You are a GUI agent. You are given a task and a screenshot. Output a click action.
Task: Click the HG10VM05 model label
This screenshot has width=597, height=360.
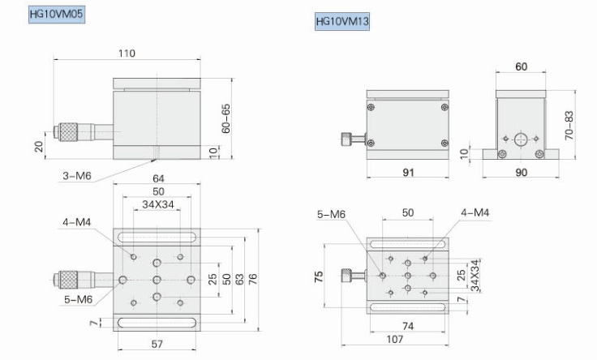pyautogui.click(x=57, y=15)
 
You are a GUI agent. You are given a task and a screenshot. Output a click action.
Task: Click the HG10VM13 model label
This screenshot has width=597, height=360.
pyautogui.click(x=343, y=22)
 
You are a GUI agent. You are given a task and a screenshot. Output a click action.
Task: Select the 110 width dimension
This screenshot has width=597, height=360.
pyautogui.click(x=126, y=54)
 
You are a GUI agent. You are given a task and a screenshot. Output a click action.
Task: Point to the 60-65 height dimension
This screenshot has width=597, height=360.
pyautogui.click(x=226, y=118)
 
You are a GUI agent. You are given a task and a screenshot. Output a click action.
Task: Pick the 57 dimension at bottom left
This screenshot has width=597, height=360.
pyautogui.click(x=157, y=344)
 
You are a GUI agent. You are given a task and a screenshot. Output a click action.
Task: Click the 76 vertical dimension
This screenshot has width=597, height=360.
pyautogui.click(x=254, y=279)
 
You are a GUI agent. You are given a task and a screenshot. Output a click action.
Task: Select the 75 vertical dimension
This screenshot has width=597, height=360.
pyautogui.click(x=320, y=277)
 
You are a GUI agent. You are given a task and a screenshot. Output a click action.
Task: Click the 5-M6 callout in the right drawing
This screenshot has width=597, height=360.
pyautogui.click(x=333, y=214)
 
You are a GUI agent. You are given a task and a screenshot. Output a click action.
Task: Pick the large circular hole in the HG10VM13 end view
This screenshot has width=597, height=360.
pyautogui.click(x=519, y=138)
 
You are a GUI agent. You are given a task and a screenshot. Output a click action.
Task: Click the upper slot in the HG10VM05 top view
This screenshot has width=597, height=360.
pyautogui.click(x=157, y=237)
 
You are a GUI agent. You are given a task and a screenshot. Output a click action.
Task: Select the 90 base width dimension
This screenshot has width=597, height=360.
pyautogui.click(x=520, y=172)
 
